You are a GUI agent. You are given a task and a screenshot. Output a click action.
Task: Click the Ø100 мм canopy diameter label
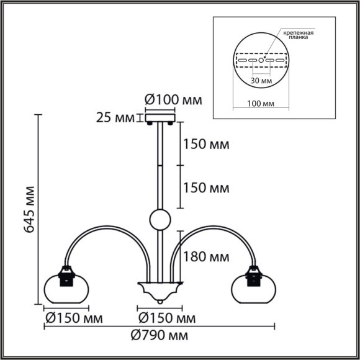point(173,99)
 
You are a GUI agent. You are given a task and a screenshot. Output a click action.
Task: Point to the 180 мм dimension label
point(205,256)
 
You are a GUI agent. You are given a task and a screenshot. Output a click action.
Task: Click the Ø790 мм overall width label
point(161,336)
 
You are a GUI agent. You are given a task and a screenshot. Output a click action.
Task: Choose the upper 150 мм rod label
point(205,145)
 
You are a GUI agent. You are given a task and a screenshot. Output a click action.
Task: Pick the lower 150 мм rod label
point(205,187)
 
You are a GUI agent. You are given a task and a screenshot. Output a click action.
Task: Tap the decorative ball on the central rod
point(159,219)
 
